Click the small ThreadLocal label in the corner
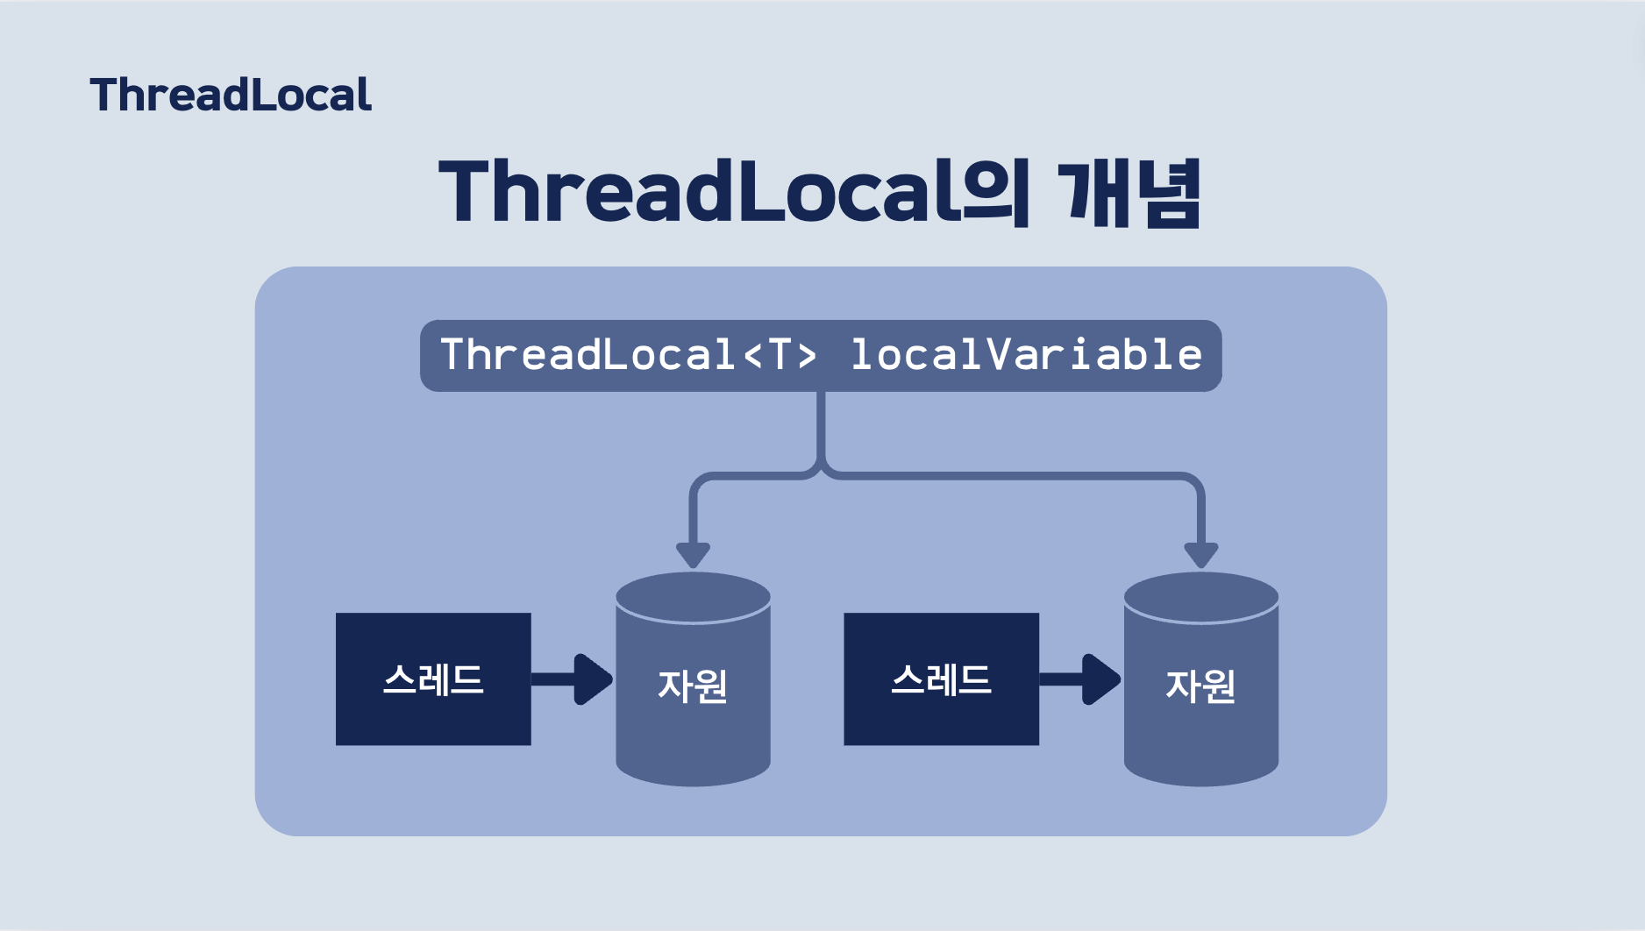point(231,95)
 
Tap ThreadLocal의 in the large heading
point(732,191)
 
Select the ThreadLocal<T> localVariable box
point(820,356)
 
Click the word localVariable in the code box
point(1026,355)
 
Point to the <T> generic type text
point(780,355)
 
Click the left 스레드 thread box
point(433,679)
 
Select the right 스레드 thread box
point(941,679)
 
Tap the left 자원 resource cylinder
point(693,701)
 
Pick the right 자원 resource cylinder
point(1200,701)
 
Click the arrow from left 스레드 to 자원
point(574,679)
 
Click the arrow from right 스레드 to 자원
point(1083,679)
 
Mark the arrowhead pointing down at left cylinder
point(693,555)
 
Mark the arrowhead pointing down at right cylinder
point(1200,555)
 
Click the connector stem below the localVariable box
point(821,430)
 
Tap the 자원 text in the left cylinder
point(693,686)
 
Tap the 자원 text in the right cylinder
point(1200,686)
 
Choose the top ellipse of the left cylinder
point(693,596)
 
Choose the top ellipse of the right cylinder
point(1200,596)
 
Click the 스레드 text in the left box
point(433,680)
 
